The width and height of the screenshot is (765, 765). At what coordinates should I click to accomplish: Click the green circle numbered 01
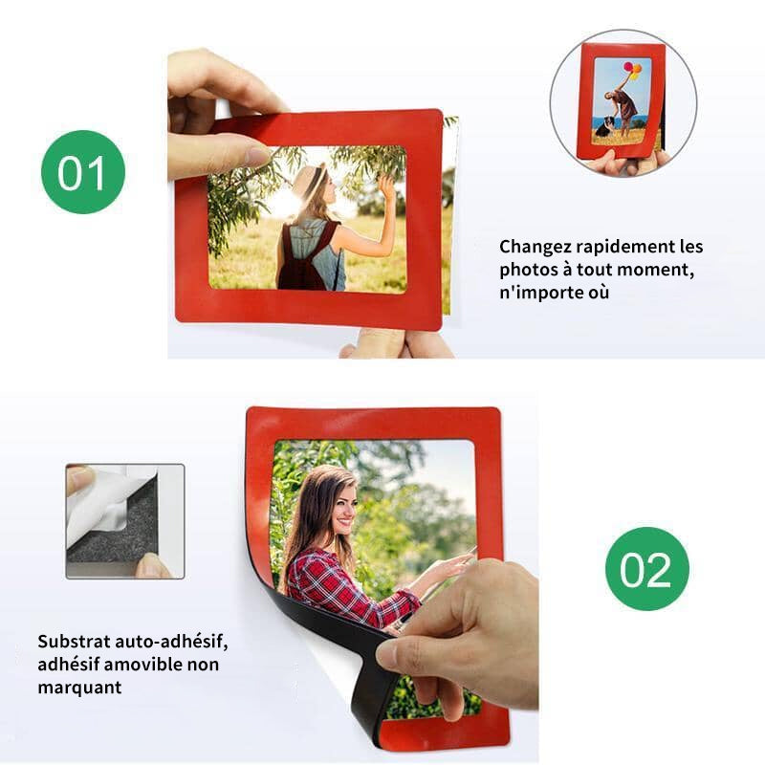coord(83,172)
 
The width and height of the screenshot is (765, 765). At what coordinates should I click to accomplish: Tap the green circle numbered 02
coord(647,569)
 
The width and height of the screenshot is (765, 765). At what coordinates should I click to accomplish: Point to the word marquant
coord(79,688)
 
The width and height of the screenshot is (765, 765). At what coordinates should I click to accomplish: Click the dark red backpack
coord(303,259)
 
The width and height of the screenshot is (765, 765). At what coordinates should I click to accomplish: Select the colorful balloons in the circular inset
coord(632,70)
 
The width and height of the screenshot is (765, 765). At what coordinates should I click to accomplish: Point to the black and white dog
coord(604,126)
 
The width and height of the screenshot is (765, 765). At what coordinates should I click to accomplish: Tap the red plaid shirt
coord(347,587)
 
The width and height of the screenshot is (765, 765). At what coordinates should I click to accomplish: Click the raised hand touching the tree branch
coord(387,187)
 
